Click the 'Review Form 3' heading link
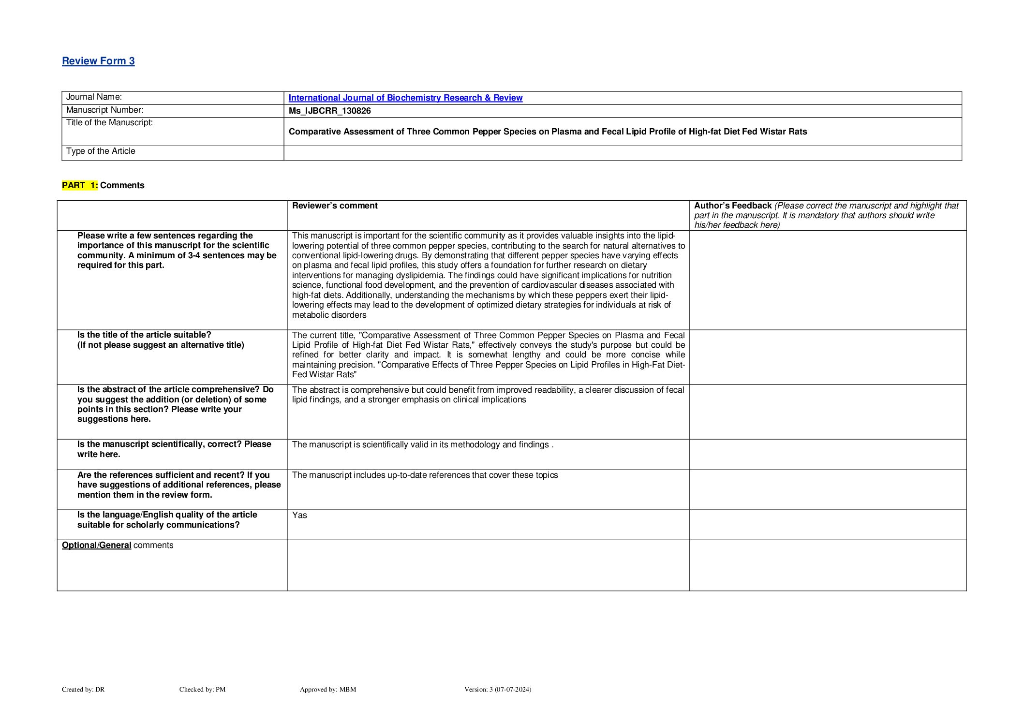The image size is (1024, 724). click(x=98, y=61)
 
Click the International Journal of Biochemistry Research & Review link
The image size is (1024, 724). click(x=405, y=98)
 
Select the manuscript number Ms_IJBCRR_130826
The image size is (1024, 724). click(x=329, y=111)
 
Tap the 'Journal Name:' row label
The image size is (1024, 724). click(x=94, y=97)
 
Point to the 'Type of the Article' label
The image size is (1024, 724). click(x=101, y=151)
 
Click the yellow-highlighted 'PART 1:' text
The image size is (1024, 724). click(x=80, y=185)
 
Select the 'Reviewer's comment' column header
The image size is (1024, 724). click(x=335, y=206)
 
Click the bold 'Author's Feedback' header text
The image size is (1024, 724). click(x=732, y=206)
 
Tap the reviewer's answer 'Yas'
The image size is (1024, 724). click(x=299, y=515)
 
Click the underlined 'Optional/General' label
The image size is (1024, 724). click(x=97, y=545)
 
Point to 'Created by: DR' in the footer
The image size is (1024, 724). click(x=83, y=689)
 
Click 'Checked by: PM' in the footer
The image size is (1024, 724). click(x=202, y=689)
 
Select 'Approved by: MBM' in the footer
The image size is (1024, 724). click(x=327, y=689)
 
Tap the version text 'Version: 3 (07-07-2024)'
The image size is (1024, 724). click(x=497, y=689)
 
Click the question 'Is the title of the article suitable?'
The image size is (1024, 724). click(x=144, y=335)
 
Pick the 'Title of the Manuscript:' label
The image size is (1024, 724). click(x=109, y=123)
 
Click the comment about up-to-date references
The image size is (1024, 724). click(x=425, y=475)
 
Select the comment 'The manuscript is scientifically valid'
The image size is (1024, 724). click(x=422, y=444)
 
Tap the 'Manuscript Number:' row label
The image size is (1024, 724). click(x=104, y=110)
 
